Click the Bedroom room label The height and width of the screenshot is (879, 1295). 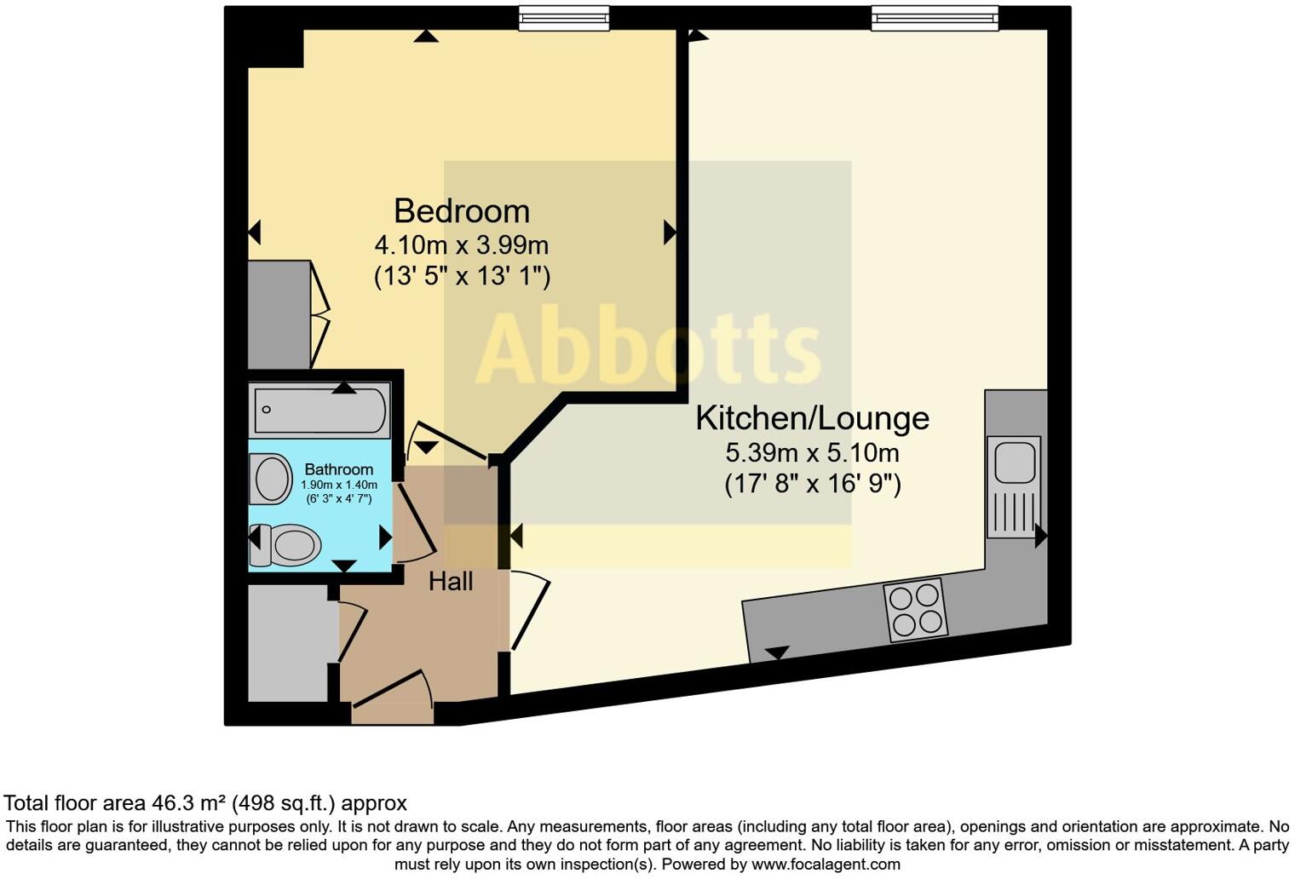tap(461, 211)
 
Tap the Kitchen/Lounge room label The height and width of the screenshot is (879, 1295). tap(812, 418)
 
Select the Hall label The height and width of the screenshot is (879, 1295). tap(451, 582)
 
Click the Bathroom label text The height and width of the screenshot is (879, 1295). tap(338, 469)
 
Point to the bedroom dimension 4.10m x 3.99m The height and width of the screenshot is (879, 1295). tap(461, 245)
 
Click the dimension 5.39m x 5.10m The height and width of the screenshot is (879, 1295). tap(812, 452)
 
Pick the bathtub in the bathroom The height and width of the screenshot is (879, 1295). tap(320, 410)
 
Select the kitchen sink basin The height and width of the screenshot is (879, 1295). tap(1013, 461)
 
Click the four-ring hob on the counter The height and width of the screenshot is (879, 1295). tap(916, 610)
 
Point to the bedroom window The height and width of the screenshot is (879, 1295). tap(564, 18)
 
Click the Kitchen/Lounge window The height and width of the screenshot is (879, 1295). tap(934, 18)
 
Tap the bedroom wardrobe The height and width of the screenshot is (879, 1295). tap(279, 315)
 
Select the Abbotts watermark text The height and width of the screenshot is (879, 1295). tap(647, 349)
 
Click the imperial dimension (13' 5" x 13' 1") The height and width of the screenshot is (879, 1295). tap(461, 277)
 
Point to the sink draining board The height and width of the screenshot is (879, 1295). tap(1013, 511)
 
